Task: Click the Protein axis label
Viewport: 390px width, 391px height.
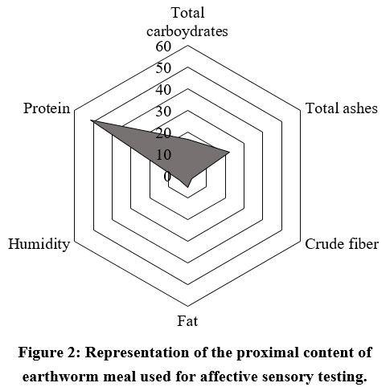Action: [47, 108]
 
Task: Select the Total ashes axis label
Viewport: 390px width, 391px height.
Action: [342, 108]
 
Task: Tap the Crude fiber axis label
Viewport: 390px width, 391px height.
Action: [342, 244]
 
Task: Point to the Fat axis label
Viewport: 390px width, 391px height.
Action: [187, 321]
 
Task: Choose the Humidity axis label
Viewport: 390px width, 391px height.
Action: [39, 244]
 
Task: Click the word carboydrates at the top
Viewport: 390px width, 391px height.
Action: [187, 31]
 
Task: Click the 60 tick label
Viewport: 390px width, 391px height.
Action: [163, 47]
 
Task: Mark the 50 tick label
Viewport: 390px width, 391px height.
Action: [163, 68]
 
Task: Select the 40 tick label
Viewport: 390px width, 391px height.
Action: [163, 90]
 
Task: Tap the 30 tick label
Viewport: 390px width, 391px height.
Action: [163, 112]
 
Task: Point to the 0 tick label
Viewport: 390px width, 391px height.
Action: [167, 177]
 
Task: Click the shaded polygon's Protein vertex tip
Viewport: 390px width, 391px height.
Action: [91, 121]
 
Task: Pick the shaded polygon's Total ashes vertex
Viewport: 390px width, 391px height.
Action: [230, 152]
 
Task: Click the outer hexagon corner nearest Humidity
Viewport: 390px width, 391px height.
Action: [75, 241]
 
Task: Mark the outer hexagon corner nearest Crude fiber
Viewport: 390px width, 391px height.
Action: [301, 241]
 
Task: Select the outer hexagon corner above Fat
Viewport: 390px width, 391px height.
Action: [187, 306]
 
